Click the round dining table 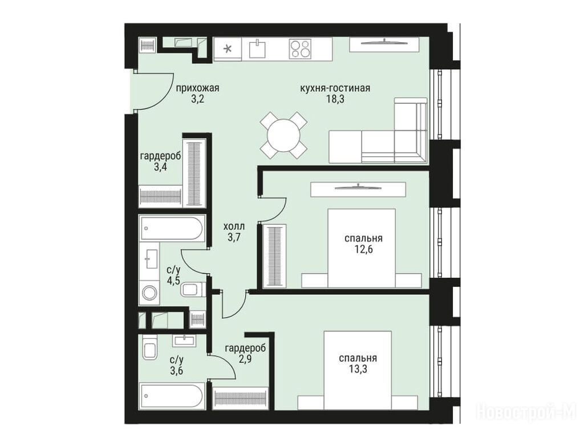click(283, 135)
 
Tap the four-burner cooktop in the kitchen click(300, 49)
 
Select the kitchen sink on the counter click(257, 49)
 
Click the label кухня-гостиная click(335, 88)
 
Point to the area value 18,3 click(335, 99)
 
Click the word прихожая click(197, 88)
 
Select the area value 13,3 click(358, 370)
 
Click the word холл click(234, 226)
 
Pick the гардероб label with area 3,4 click(160, 156)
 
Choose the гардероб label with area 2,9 click(245, 348)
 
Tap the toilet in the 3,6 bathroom click(150, 347)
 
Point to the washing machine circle click(149, 293)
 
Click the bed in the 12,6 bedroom click(361, 248)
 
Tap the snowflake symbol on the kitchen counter click(228, 48)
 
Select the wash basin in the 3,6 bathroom click(185, 340)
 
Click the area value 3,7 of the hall click(234, 237)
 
